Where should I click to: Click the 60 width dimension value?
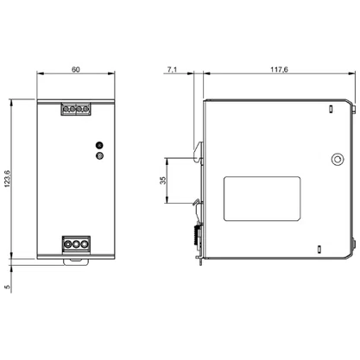pos(76,70)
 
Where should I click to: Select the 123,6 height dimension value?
pos(7,179)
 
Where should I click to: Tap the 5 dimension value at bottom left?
pos(8,287)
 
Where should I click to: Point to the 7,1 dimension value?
pos(172,70)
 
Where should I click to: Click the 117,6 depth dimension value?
pos(279,70)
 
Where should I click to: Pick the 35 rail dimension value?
pos(163,180)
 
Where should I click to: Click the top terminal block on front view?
pos(76,109)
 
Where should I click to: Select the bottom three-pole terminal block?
pos(76,244)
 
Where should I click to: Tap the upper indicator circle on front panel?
pos(99,145)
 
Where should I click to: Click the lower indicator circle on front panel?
pos(99,155)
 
